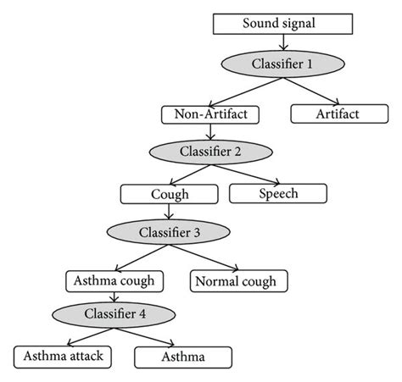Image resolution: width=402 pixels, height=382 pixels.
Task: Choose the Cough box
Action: pos(165,193)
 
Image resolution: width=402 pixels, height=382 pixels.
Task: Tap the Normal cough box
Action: pos(234,279)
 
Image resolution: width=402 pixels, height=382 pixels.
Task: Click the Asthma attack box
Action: pos(64,356)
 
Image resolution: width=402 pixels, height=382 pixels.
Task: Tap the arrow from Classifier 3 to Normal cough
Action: pos(198,257)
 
